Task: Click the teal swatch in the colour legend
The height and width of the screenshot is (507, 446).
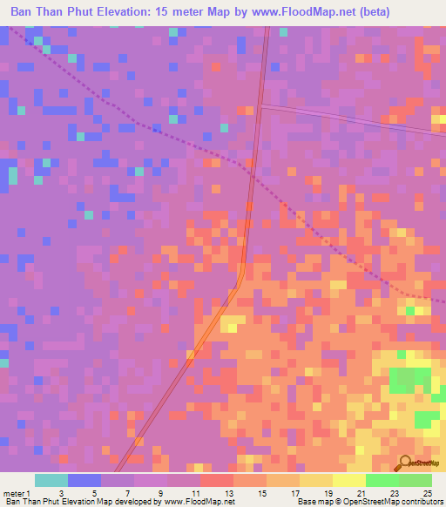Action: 51,480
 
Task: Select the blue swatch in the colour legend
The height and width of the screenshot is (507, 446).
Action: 84,480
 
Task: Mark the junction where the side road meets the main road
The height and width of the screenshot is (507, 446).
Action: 260,105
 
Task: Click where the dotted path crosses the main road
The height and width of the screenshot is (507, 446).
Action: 250,171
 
